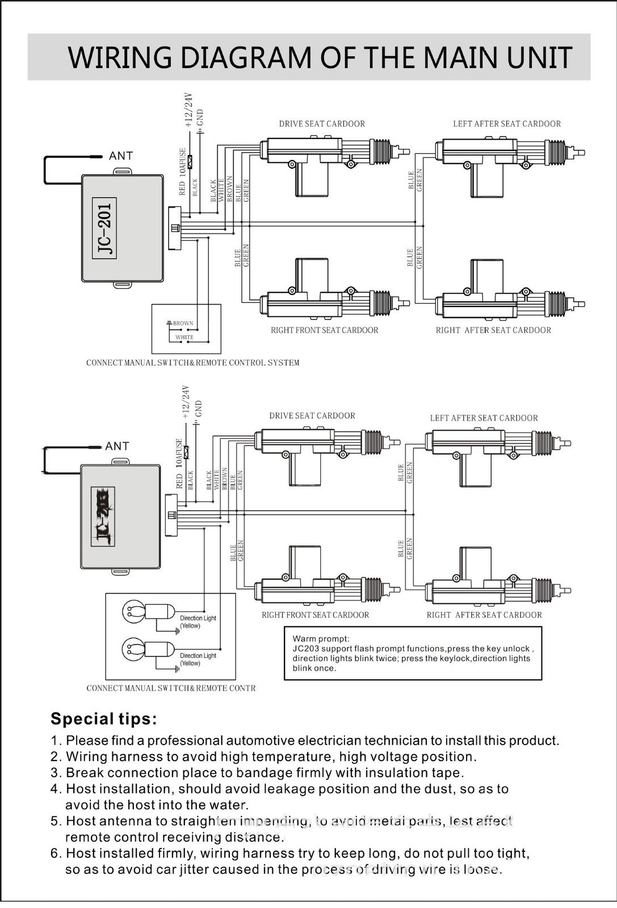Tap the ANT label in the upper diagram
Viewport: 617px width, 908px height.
[120, 156]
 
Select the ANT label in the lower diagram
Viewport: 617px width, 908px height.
[117, 447]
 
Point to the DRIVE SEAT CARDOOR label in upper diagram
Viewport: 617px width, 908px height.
[322, 124]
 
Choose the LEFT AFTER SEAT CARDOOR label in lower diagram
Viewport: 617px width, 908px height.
[484, 418]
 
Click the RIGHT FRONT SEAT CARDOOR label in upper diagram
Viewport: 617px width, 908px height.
[324, 330]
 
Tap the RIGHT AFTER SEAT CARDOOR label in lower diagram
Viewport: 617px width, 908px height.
[484, 615]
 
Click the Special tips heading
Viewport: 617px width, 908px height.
[104, 719]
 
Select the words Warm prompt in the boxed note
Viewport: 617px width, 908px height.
[321, 639]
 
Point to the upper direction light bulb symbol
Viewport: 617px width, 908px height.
[133, 611]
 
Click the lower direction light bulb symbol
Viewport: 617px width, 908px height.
[133, 648]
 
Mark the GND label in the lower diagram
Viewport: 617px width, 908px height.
[198, 409]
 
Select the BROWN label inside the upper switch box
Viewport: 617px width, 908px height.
[183, 323]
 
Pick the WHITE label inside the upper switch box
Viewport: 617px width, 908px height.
[184, 337]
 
